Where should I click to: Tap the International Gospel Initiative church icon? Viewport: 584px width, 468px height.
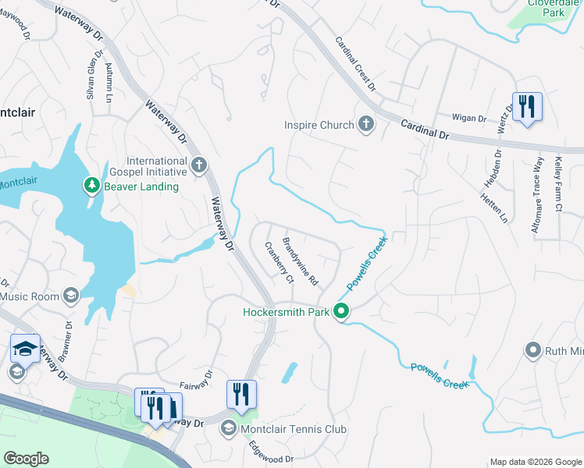pyautogui.click(x=200, y=165)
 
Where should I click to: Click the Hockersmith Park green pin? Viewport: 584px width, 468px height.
pyautogui.click(x=341, y=311)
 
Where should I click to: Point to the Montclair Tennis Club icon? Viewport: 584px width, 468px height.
pyautogui.click(x=229, y=427)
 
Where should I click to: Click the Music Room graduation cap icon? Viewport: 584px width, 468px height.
pyautogui.click(x=71, y=296)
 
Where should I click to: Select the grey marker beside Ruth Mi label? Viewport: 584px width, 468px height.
pyautogui.click(x=534, y=349)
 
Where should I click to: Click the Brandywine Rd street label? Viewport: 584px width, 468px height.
pyautogui.click(x=301, y=261)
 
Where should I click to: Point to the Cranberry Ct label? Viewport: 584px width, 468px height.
pyautogui.click(x=279, y=262)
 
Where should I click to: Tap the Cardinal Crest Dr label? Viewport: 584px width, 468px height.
pyautogui.click(x=356, y=63)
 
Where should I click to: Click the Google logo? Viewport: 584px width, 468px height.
pyautogui.click(x=26, y=459)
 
